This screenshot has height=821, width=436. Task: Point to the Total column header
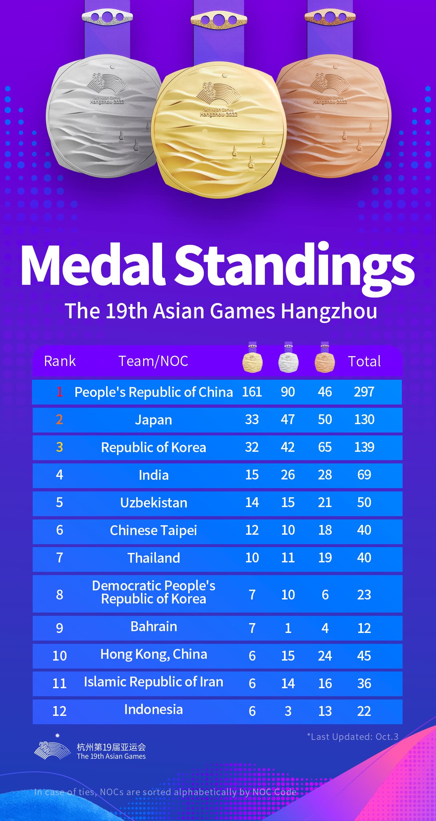pyautogui.click(x=364, y=361)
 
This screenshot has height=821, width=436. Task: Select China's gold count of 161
pyautogui.click(x=252, y=392)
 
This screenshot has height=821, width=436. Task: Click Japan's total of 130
pyautogui.click(x=364, y=419)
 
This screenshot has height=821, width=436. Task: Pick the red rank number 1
pyautogui.click(x=60, y=392)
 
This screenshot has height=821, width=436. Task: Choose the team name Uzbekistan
pyautogui.click(x=154, y=503)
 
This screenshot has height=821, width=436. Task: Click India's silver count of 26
pyautogui.click(x=288, y=475)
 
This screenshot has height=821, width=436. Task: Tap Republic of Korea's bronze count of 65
pyautogui.click(x=325, y=447)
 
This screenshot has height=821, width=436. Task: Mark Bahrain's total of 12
pyautogui.click(x=364, y=628)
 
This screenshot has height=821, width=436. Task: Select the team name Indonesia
pyautogui.click(x=154, y=709)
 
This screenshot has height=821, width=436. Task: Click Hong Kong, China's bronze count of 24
pyautogui.click(x=325, y=656)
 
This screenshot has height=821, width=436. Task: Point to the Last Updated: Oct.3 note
pyautogui.click(x=353, y=737)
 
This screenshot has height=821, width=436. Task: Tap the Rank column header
pyautogui.click(x=60, y=361)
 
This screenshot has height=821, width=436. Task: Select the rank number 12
pyautogui.click(x=60, y=711)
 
